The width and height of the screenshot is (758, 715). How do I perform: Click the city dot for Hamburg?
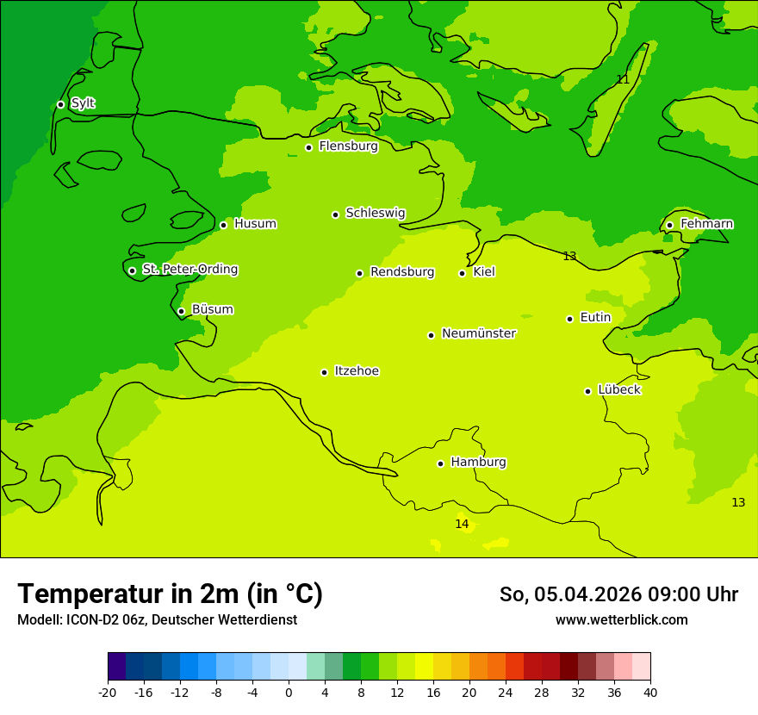(x=440, y=463)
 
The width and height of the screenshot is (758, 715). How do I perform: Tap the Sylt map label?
(x=83, y=103)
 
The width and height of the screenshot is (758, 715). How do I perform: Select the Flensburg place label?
(x=348, y=146)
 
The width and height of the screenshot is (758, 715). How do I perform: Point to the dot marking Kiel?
(x=462, y=273)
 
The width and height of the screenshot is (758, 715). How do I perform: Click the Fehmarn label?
(x=706, y=224)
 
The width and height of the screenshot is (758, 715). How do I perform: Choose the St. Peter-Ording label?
(x=189, y=270)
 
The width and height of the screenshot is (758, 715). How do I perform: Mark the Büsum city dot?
(x=181, y=311)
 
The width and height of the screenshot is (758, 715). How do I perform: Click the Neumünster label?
(x=479, y=333)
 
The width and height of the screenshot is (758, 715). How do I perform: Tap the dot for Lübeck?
(x=587, y=391)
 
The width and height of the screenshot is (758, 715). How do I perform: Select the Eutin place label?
(x=595, y=318)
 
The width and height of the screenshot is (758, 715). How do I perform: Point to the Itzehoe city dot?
(x=324, y=372)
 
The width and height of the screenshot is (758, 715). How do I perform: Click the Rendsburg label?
(x=402, y=272)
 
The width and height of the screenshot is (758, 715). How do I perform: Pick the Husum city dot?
(x=223, y=225)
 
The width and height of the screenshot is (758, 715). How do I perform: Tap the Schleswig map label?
(x=376, y=213)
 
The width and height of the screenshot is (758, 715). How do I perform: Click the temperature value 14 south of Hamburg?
(x=462, y=524)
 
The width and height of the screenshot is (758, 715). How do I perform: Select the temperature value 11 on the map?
(x=623, y=79)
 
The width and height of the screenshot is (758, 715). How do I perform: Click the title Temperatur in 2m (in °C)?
(x=170, y=594)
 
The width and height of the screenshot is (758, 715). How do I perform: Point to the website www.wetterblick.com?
(x=621, y=620)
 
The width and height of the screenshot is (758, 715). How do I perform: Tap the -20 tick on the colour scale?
(x=108, y=692)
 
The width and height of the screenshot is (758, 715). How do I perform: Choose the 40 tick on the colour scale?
(x=650, y=692)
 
